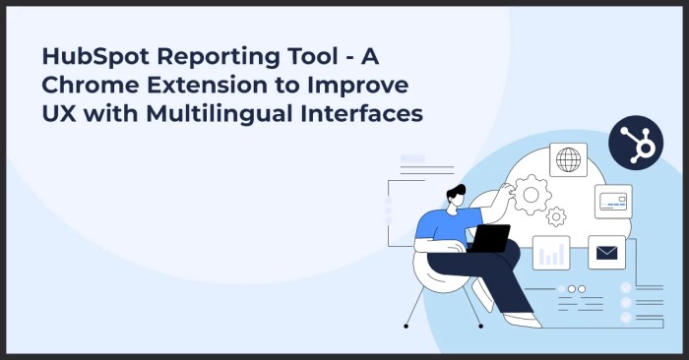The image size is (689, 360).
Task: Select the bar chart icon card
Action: click(x=551, y=253)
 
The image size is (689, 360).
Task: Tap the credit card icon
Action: click(x=612, y=202)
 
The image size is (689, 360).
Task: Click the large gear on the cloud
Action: click(x=532, y=195)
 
